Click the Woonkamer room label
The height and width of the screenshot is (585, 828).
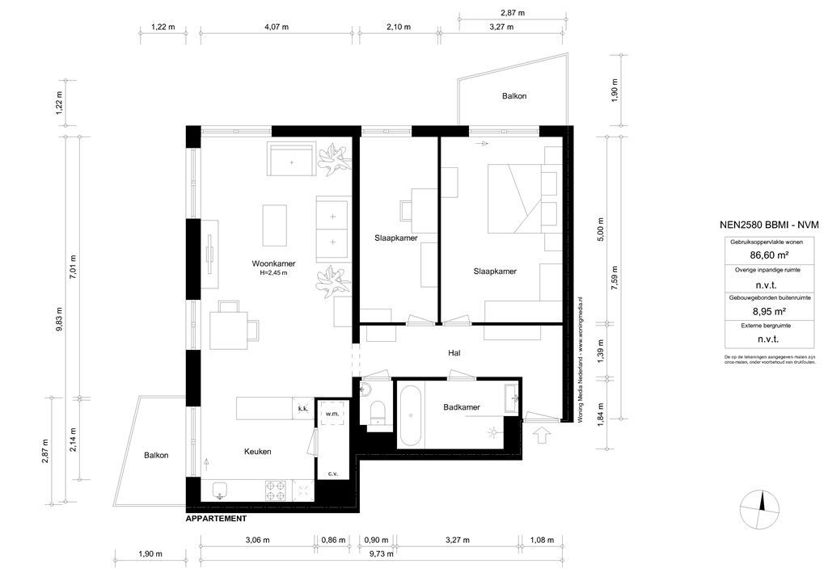pyautogui.click(x=272, y=263)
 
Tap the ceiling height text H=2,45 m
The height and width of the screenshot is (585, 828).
pyautogui.click(x=273, y=273)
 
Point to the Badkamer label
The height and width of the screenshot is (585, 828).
pyautogui.click(x=461, y=408)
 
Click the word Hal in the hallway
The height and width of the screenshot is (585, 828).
pyautogui.click(x=454, y=353)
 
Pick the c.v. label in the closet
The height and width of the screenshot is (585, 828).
pyautogui.click(x=332, y=473)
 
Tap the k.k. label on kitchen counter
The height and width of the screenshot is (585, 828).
pyautogui.click(x=302, y=409)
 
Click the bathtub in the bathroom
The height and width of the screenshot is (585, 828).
pyautogui.click(x=409, y=415)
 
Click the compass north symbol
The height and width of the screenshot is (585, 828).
pyautogui.click(x=761, y=510)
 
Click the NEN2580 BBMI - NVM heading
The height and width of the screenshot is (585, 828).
pyautogui.click(x=768, y=226)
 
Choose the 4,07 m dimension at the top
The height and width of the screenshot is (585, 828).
pyautogui.click(x=277, y=27)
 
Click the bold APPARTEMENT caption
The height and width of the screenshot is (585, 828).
pyautogui.click(x=216, y=519)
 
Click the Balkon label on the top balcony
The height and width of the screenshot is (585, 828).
pyautogui.click(x=514, y=96)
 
